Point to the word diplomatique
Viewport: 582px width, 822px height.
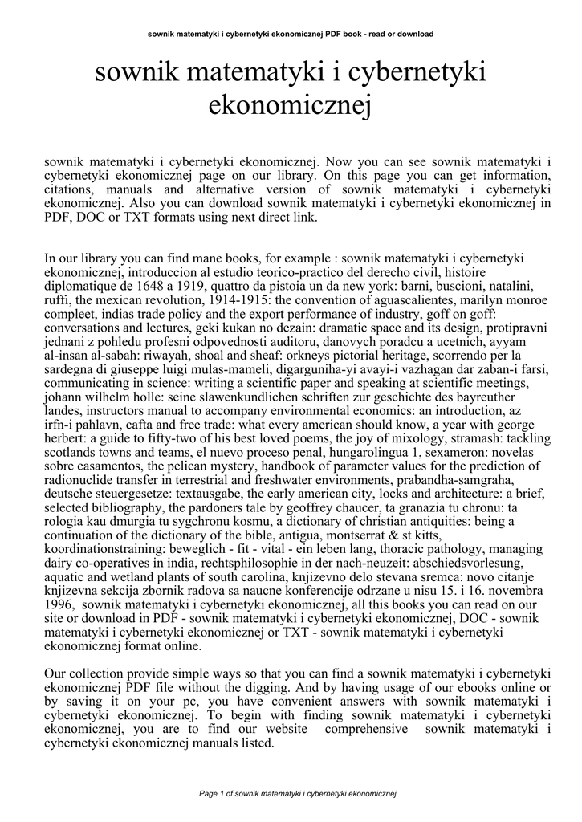click(86, 286)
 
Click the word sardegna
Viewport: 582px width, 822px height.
click(70, 368)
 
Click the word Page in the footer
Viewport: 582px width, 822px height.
click(208, 794)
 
